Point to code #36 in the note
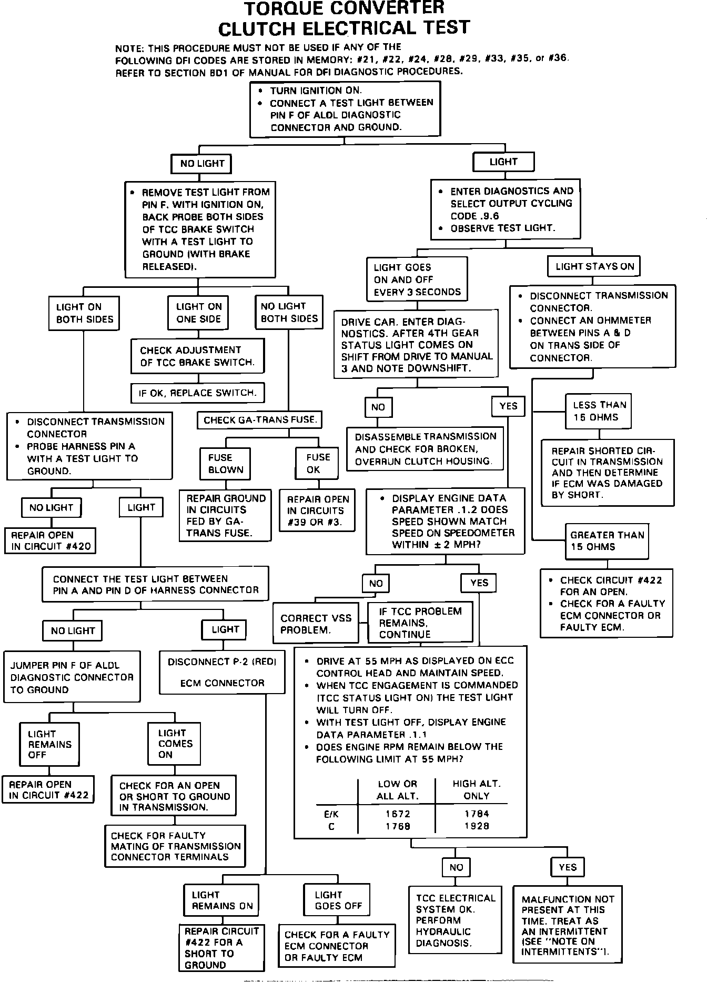(x=558, y=58)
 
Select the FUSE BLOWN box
(x=226, y=464)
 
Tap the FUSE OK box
(x=316, y=464)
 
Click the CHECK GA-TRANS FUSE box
(x=260, y=420)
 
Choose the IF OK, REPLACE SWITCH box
(x=197, y=393)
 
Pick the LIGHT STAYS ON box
(x=594, y=266)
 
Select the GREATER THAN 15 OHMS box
(x=607, y=541)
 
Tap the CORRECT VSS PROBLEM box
(x=316, y=624)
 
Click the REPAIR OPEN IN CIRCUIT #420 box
(x=50, y=541)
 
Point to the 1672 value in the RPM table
(x=398, y=814)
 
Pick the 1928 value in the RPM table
(x=477, y=826)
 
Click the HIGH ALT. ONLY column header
(x=477, y=789)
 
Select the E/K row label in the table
(x=331, y=814)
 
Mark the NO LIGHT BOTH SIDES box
(x=289, y=313)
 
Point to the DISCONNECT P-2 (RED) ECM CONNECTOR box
(x=222, y=672)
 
